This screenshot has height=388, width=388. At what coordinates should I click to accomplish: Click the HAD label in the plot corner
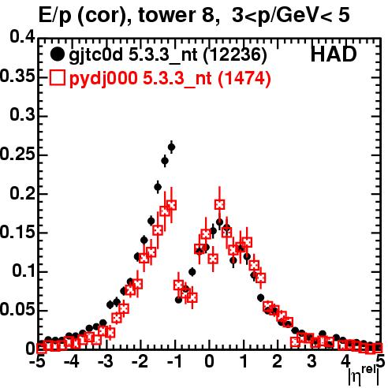point(334,54)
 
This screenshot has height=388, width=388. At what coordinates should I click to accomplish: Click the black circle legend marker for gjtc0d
point(57,54)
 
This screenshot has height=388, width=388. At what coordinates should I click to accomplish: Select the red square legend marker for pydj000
point(57,78)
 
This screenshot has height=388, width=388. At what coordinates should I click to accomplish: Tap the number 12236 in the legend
point(235,55)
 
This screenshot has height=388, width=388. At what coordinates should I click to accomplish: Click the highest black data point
point(171,147)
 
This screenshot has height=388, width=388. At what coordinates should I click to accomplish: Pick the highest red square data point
point(219,204)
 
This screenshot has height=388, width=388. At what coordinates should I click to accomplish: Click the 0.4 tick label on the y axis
point(22,37)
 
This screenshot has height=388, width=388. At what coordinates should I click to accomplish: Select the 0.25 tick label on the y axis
point(17,154)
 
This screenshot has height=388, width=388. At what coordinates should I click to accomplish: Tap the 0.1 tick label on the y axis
point(24,270)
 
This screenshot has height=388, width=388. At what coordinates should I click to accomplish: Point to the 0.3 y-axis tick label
point(22,115)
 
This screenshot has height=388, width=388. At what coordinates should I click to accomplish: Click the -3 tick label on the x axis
point(106,362)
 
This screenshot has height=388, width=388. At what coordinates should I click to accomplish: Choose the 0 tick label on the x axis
point(209,362)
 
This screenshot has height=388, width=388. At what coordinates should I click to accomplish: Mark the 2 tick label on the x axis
point(278,362)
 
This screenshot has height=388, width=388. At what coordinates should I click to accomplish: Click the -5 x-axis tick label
point(37,362)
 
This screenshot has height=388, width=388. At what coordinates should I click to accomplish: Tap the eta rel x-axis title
point(364,375)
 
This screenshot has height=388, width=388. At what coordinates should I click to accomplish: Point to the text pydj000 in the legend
point(103,79)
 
